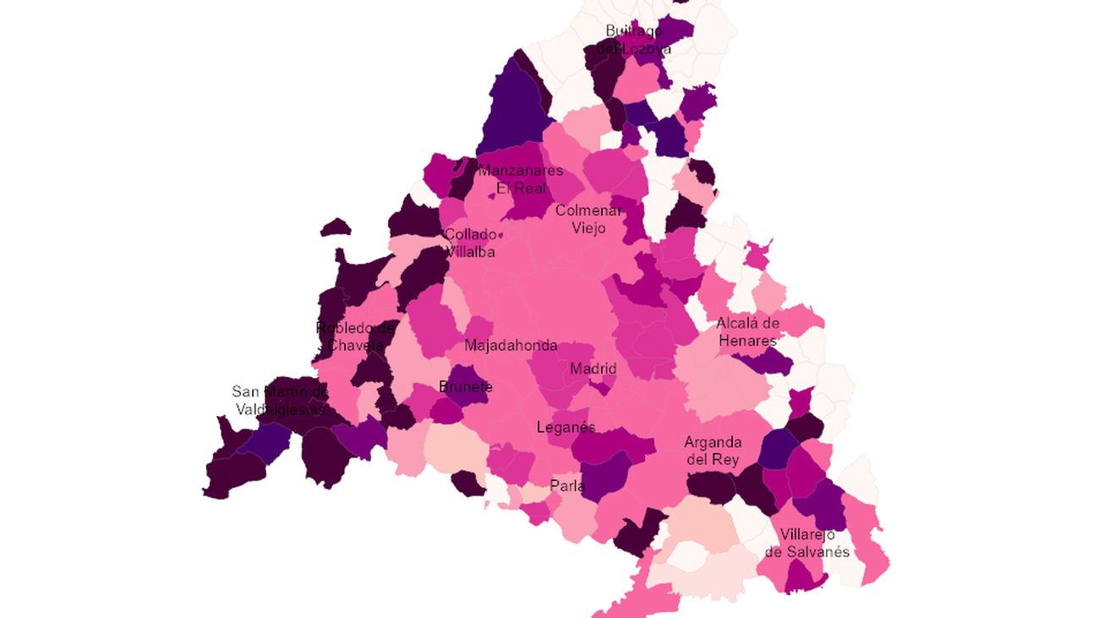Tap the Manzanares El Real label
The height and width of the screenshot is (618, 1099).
pos(520,179)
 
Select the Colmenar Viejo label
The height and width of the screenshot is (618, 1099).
pos(588,219)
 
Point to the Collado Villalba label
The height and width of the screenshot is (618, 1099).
pos(470,243)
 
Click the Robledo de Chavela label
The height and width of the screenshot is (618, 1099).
pos(355,336)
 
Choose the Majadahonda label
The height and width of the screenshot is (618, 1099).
pos(511,346)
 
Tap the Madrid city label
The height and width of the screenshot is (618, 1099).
pos(593,369)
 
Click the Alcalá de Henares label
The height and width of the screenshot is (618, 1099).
pos(746,331)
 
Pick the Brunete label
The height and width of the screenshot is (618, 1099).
pos(466,387)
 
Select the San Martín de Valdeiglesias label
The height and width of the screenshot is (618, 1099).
pos(280,401)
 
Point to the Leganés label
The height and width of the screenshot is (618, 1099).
pos(566,427)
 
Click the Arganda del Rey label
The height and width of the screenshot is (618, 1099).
pos(713,451)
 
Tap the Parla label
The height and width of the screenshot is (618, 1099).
pos(567,486)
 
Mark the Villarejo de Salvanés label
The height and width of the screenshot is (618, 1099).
pos(807,543)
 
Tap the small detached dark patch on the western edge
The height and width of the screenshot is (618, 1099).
pos(336,227)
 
